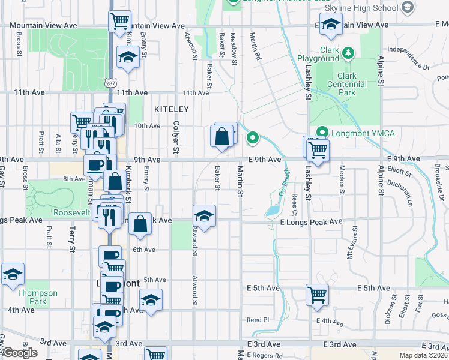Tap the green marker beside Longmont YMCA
(x=322, y=133)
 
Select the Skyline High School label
(x=361, y=8)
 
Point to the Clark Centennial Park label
(x=346, y=85)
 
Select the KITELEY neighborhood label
(x=171, y=109)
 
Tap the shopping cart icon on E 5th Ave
(x=317, y=295)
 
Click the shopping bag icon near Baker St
(x=221, y=136)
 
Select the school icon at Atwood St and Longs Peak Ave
(x=204, y=216)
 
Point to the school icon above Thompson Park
(x=13, y=274)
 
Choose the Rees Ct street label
(x=294, y=204)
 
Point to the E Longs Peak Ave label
(x=311, y=221)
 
